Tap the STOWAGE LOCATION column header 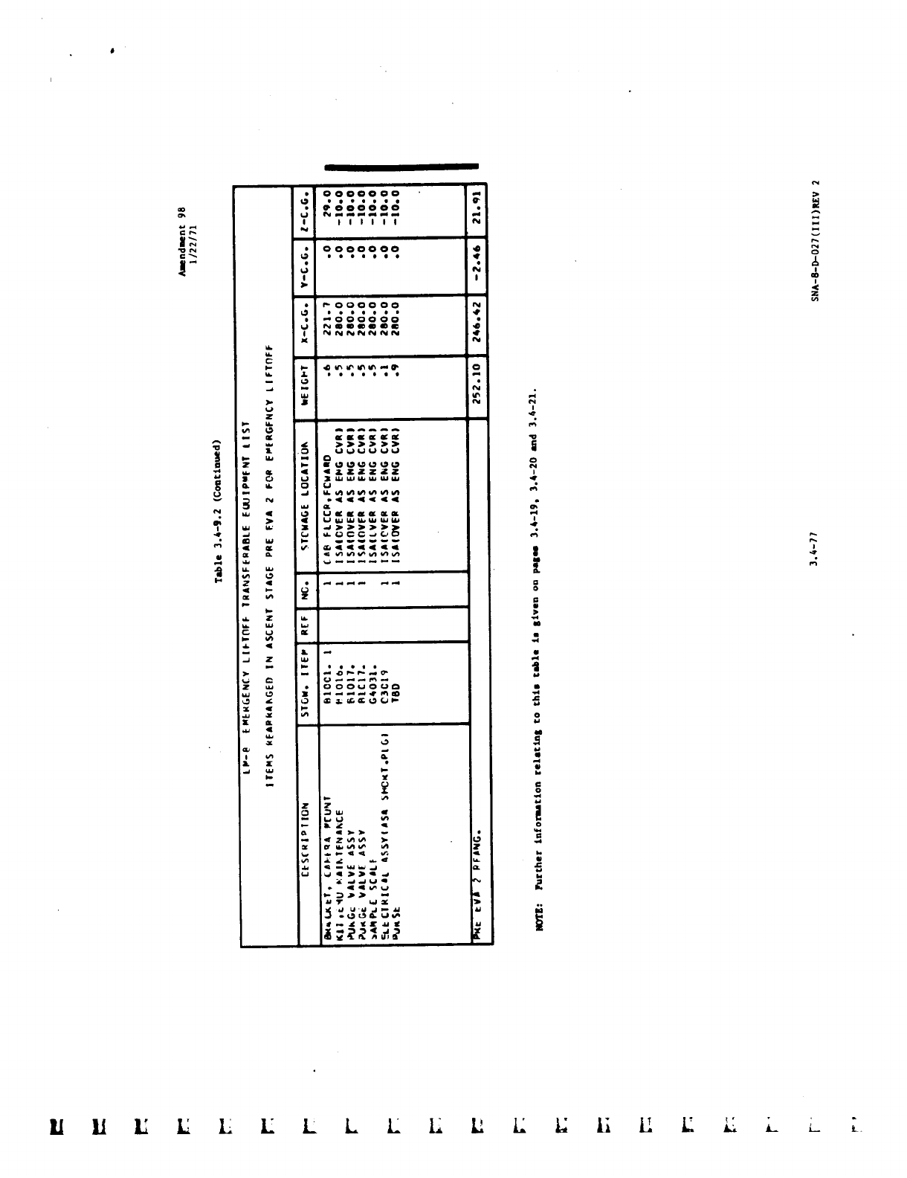[x=306, y=506]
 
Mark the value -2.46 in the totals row [x=477, y=266]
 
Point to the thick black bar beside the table [x=401, y=167]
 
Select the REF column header [x=306, y=623]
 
